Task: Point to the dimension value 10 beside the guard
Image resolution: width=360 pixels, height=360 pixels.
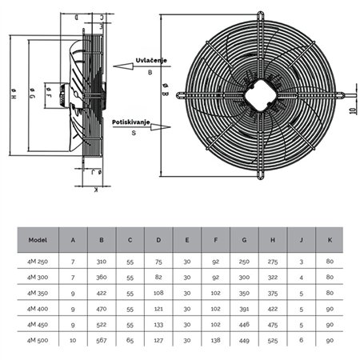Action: click(x=351, y=106)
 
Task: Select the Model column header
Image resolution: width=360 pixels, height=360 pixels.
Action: click(x=38, y=238)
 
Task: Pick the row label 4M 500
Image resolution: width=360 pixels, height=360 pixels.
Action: click(x=38, y=342)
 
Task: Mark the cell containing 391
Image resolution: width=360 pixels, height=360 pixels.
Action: click(x=246, y=308)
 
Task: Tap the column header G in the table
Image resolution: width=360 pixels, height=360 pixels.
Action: click(x=246, y=238)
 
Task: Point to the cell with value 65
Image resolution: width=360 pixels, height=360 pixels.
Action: click(x=130, y=342)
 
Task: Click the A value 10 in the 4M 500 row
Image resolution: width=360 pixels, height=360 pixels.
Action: click(x=74, y=342)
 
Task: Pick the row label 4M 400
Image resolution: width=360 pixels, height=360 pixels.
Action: click(x=38, y=308)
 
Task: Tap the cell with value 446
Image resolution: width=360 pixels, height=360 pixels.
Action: click(x=246, y=325)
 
